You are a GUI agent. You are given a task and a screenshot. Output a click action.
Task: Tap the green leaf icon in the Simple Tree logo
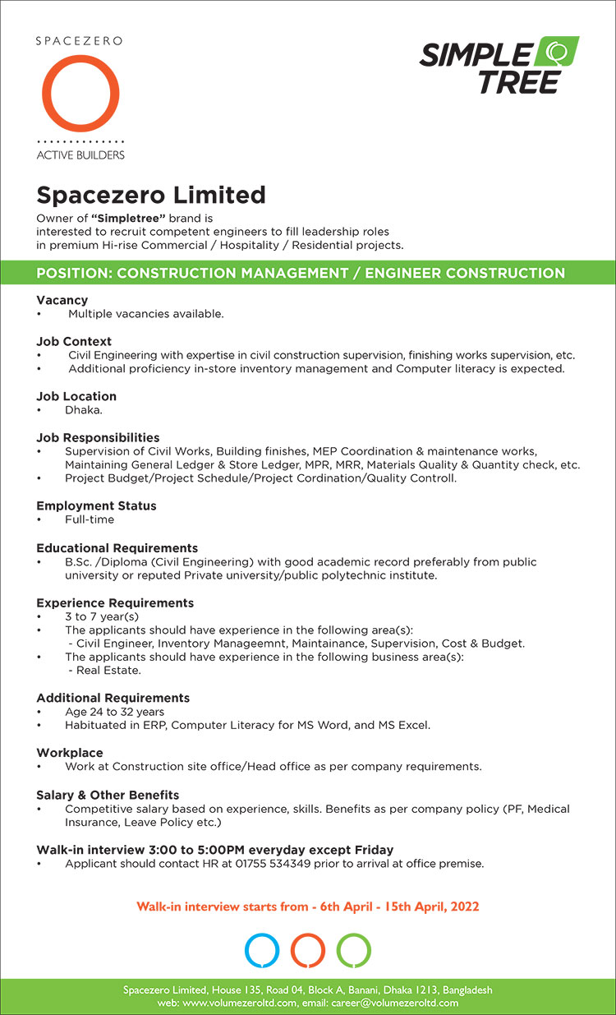tap(557, 53)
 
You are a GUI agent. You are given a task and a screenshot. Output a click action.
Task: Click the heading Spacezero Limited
tap(151, 195)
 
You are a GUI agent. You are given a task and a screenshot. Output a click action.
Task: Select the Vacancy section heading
tap(62, 300)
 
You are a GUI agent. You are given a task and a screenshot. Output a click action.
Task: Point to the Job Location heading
tap(76, 396)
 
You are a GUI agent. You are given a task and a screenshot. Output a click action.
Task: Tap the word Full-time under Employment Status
tap(90, 519)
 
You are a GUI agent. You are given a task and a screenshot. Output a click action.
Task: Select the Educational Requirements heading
tap(117, 548)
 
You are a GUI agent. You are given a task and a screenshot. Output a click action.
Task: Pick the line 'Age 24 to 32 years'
tap(114, 712)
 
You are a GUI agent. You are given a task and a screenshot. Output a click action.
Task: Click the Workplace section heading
tap(70, 753)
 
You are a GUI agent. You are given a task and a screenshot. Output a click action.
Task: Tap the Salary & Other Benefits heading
tap(108, 796)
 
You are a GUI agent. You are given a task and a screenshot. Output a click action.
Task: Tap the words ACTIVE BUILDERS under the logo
tap(80, 155)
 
